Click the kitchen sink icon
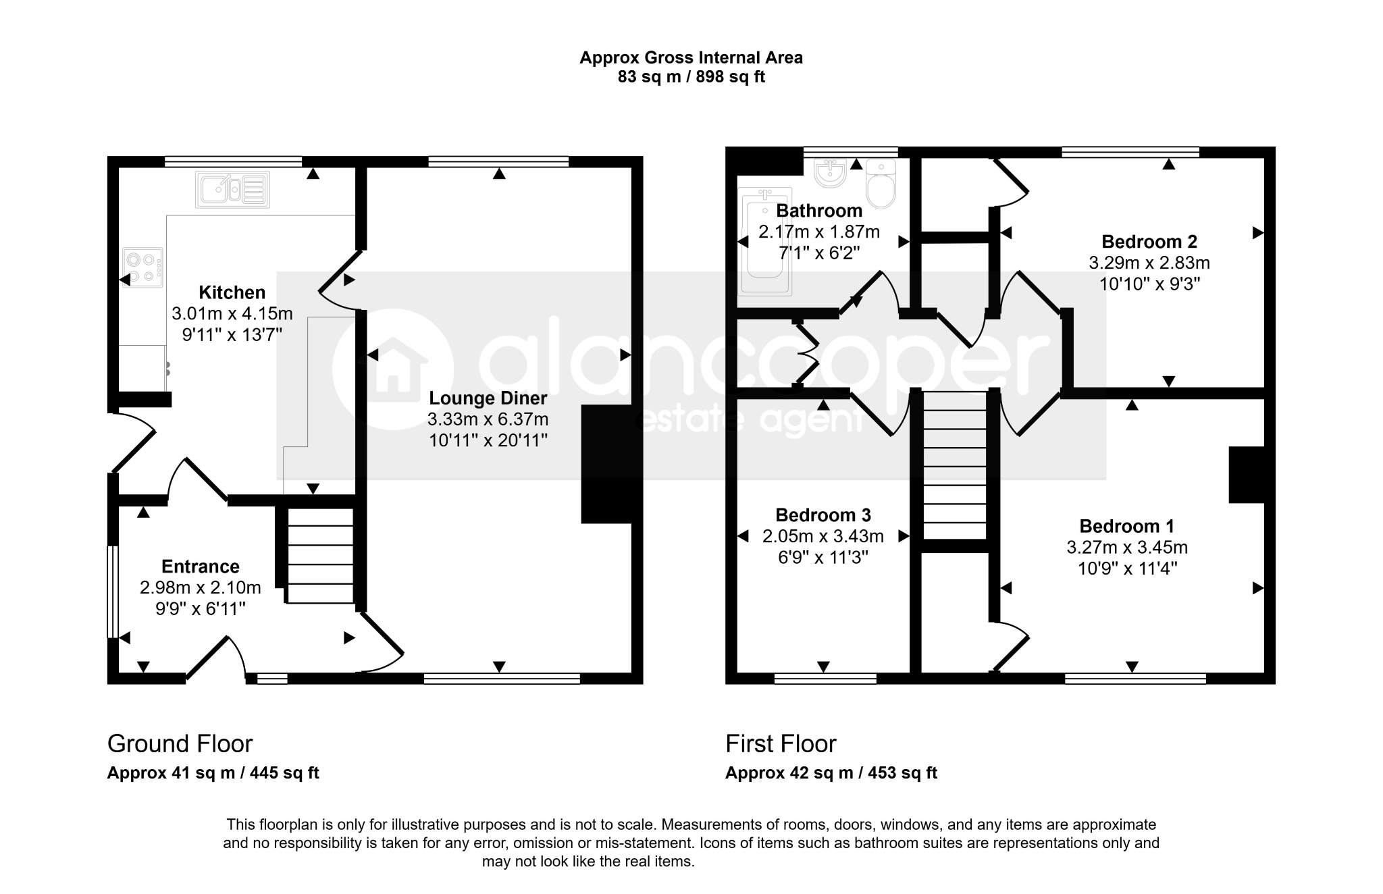(x=232, y=189)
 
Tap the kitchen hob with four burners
(x=143, y=267)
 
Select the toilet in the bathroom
(x=881, y=183)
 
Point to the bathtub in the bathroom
(x=764, y=241)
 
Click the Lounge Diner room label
(x=488, y=398)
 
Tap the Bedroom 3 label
(x=823, y=515)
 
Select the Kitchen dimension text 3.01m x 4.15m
(x=232, y=313)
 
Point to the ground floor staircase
(x=321, y=555)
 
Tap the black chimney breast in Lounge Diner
(x=606, y=464)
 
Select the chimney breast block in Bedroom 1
(x=1247, y=475)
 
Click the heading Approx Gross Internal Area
(x=691, y=58)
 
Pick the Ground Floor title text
(x=180, y=744)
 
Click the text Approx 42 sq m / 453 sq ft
(x=831, y=773)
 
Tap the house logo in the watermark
(x=392, y=371)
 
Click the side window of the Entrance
(x=113, y=591)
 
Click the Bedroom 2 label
(x=1149, y=241)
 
